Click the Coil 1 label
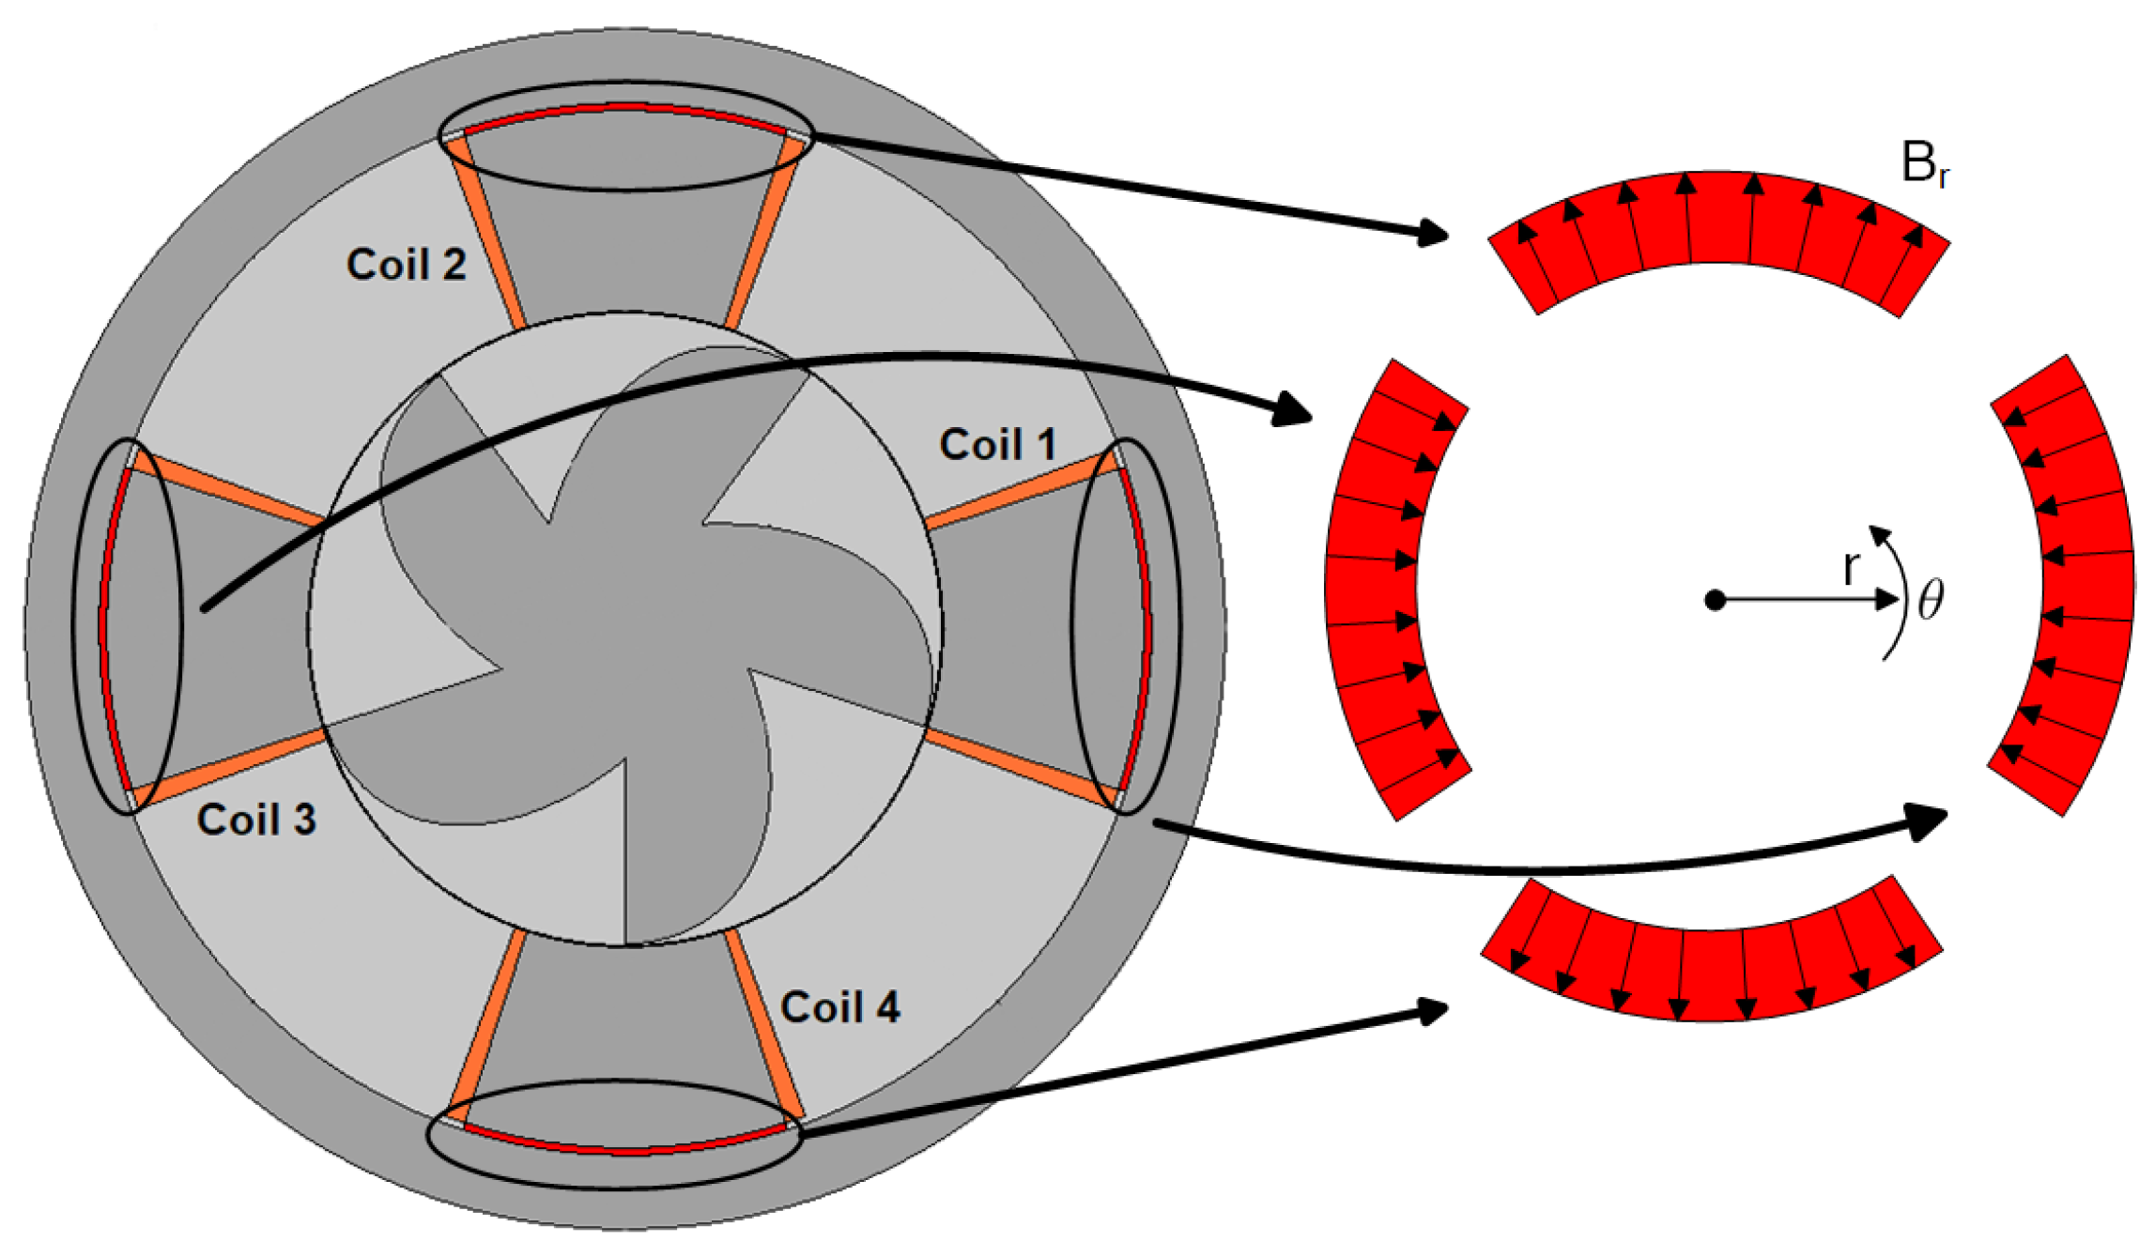tap(997, 445)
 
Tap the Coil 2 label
tap(406, 265)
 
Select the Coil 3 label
tap(255, 820)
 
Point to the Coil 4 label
tap(839, 1007)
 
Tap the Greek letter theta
tap(1931, 600)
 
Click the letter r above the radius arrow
tap(1851, 567)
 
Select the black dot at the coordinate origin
tap(1715, 600)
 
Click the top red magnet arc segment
tap(1718, 221)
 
